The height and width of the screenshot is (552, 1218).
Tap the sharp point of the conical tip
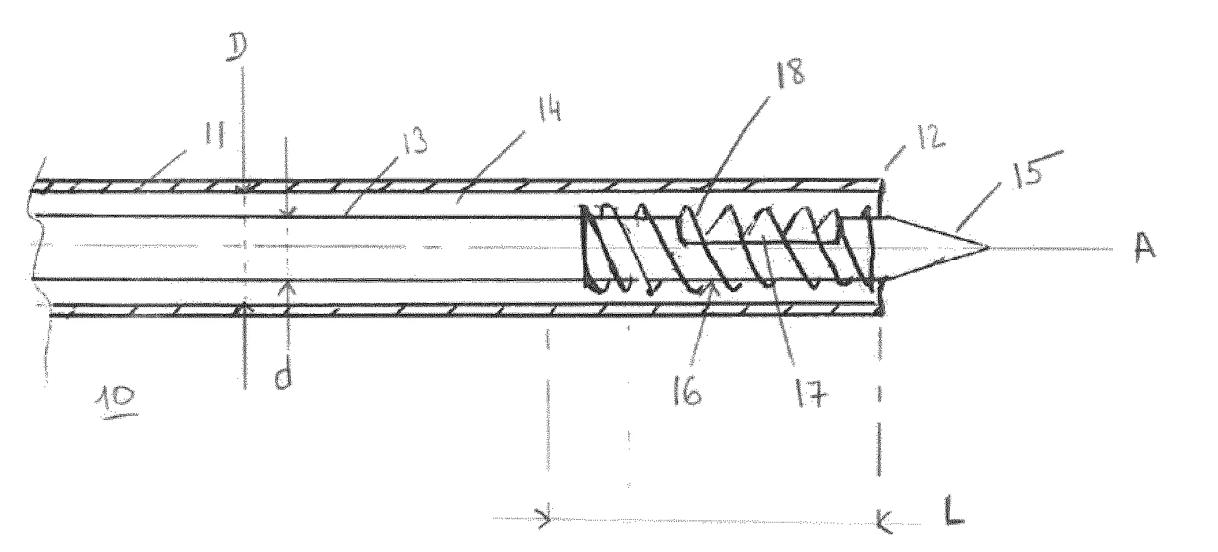click(989, 246)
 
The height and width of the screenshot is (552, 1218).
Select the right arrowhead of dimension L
click(884, 523)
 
